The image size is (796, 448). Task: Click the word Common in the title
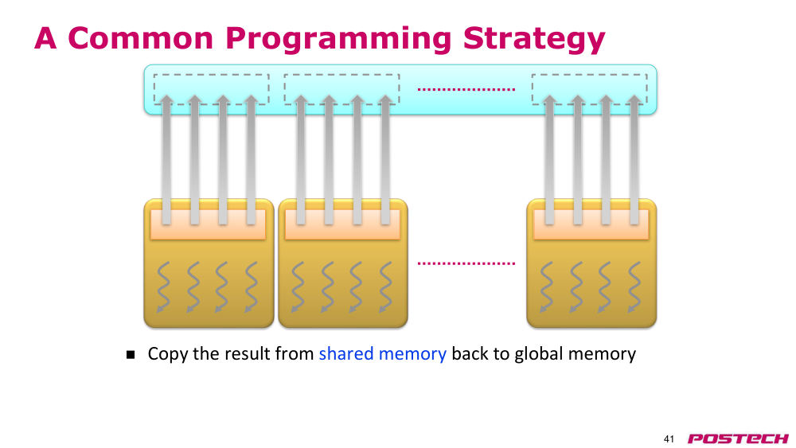(140, 38)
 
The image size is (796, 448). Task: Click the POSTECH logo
(738, 438)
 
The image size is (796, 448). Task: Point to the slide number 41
(669, 439)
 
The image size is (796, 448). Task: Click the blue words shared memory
(382, 353)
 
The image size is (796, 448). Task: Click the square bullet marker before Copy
(131, 354)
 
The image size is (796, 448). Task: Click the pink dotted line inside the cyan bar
(466, 89)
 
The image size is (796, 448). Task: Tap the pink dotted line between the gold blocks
(466, 263)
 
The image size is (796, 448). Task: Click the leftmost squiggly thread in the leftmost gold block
(163, 287)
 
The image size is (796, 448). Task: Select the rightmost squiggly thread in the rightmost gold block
(634, 287)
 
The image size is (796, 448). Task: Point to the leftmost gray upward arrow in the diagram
(166, 160)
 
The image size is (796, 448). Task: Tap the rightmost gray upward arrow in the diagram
(634, 160)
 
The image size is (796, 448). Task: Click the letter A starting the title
(45, 38)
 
